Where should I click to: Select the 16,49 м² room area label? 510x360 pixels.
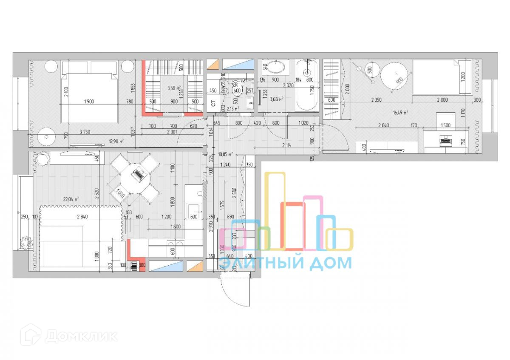point(400,113)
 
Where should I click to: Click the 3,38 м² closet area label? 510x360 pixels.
point(173,88)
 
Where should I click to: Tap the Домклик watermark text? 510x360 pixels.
point(81,336)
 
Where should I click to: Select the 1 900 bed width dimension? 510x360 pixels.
point(89,101)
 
